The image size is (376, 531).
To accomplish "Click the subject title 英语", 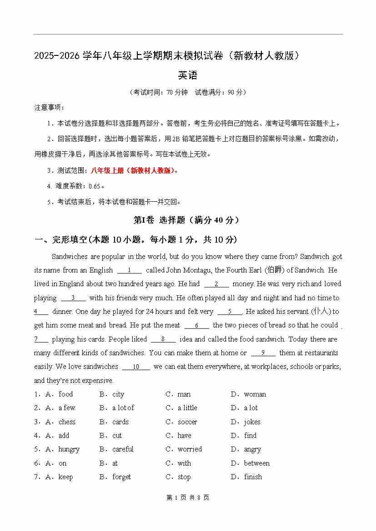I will (188, 75).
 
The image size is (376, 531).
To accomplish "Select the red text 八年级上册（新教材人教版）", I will (132, 171).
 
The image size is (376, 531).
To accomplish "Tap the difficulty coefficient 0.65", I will (90, 186).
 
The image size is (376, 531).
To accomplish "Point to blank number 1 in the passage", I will (130, 270).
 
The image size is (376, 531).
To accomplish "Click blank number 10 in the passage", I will (136, 367).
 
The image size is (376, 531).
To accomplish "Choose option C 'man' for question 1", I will (184, 394).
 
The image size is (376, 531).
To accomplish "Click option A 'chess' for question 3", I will (67, 422).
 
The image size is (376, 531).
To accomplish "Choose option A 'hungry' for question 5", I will (69, 449).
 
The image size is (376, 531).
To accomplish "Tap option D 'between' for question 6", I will (256, 463).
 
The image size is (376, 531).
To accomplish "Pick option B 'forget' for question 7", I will (121, 477).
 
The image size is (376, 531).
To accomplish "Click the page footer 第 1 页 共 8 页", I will (188, 497).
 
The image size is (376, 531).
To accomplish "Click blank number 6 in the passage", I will (196, 326).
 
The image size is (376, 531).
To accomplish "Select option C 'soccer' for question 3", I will (187, 422).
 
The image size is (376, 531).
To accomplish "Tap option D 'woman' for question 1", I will (255, 394).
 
